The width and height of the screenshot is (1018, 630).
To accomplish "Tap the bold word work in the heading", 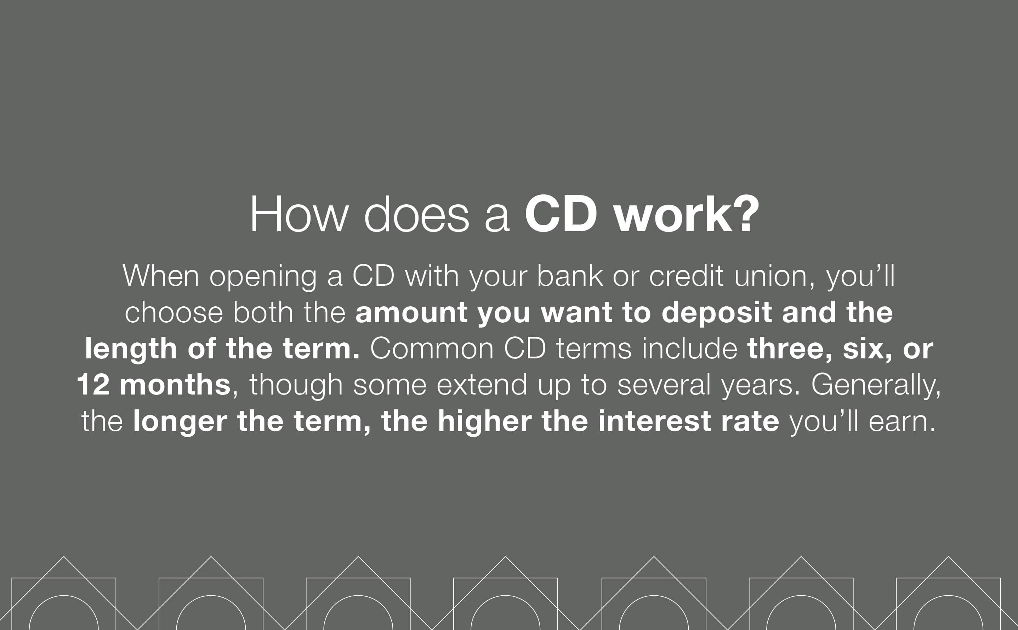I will click(673, 215).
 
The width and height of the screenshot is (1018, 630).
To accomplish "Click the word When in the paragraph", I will click(161, 276).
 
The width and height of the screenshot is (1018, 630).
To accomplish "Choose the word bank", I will click(569, 276).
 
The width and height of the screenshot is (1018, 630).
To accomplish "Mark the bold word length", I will click(131, 349).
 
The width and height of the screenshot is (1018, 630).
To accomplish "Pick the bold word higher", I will click(484, 422).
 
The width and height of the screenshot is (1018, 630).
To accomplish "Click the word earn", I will click(902, 422).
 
